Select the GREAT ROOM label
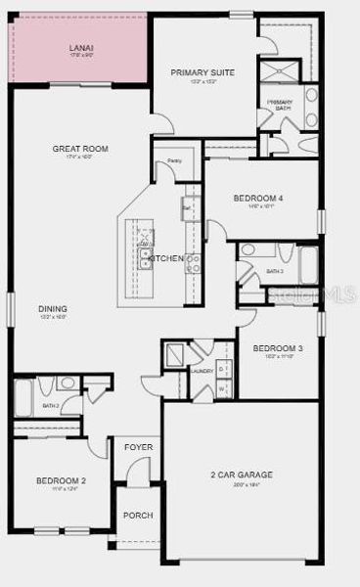(x=80, y=149)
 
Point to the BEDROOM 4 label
(x=257, y=199)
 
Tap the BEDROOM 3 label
(x=278, y=348)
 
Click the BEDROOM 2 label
(x=62, y=480)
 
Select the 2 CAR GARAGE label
(x=241, y=475)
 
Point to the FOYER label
(x=138, y=447)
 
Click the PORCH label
(x=137, y=515)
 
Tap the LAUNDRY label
(x=202, y=371)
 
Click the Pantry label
(x=174, y=159)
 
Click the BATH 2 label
(x=52, y=405)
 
